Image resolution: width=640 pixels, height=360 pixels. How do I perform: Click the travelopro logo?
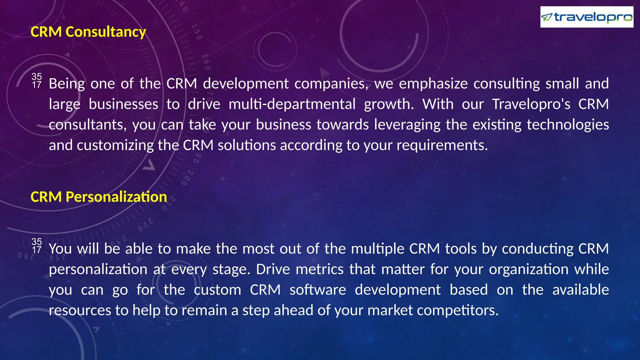point(587,17)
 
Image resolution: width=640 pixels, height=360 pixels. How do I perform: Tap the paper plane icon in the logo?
point(547,17)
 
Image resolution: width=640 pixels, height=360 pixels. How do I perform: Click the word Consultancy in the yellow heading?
point(106,32)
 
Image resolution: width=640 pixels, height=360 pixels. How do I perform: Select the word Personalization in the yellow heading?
point(116,197)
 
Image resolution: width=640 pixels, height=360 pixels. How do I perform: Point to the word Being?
point(67,84)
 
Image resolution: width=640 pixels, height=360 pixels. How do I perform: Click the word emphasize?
point(433,84)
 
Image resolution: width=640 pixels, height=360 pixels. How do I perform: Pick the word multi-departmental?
point(292,104)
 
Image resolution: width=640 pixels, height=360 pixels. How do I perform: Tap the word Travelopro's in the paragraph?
point(531,104)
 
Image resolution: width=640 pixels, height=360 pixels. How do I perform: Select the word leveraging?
point(407,125)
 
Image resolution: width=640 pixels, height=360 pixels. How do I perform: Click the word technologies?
point(568,125)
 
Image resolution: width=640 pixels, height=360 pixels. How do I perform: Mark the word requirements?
point(442,145)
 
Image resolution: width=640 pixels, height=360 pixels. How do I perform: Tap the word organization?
point(528,269)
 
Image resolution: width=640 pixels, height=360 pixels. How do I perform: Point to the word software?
point(317,290)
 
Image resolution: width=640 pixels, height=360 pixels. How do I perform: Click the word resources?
point(80,310)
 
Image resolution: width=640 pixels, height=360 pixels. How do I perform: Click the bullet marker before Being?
point(37,81)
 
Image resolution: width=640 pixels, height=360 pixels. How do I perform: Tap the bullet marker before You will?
point(37,246)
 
